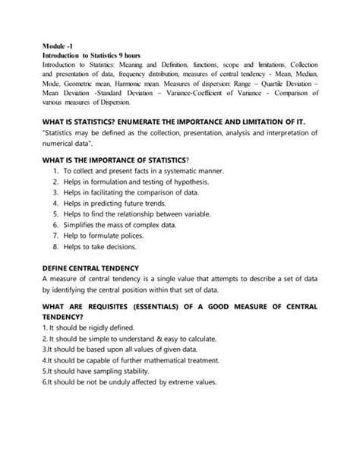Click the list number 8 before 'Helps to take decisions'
(x=55, y=247)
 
